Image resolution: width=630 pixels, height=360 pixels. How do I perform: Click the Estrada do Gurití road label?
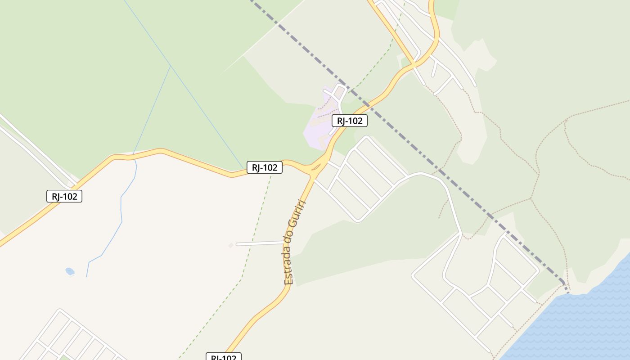[x=295, y=242]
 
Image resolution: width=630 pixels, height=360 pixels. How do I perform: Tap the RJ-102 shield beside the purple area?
[x=350, y=121]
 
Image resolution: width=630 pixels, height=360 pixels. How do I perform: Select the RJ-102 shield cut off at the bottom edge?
[x=224, y=357]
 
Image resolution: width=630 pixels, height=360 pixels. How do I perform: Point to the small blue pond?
[x=70, y=271]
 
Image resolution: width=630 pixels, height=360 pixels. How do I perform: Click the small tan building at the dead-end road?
[x=231, y=245]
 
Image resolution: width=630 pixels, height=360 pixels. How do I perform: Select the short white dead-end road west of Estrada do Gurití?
[x=260, y=243]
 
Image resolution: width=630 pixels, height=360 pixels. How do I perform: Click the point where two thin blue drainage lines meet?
[x=171, y=66]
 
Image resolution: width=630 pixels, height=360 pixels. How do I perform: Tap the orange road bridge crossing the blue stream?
[x=134, y=156]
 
